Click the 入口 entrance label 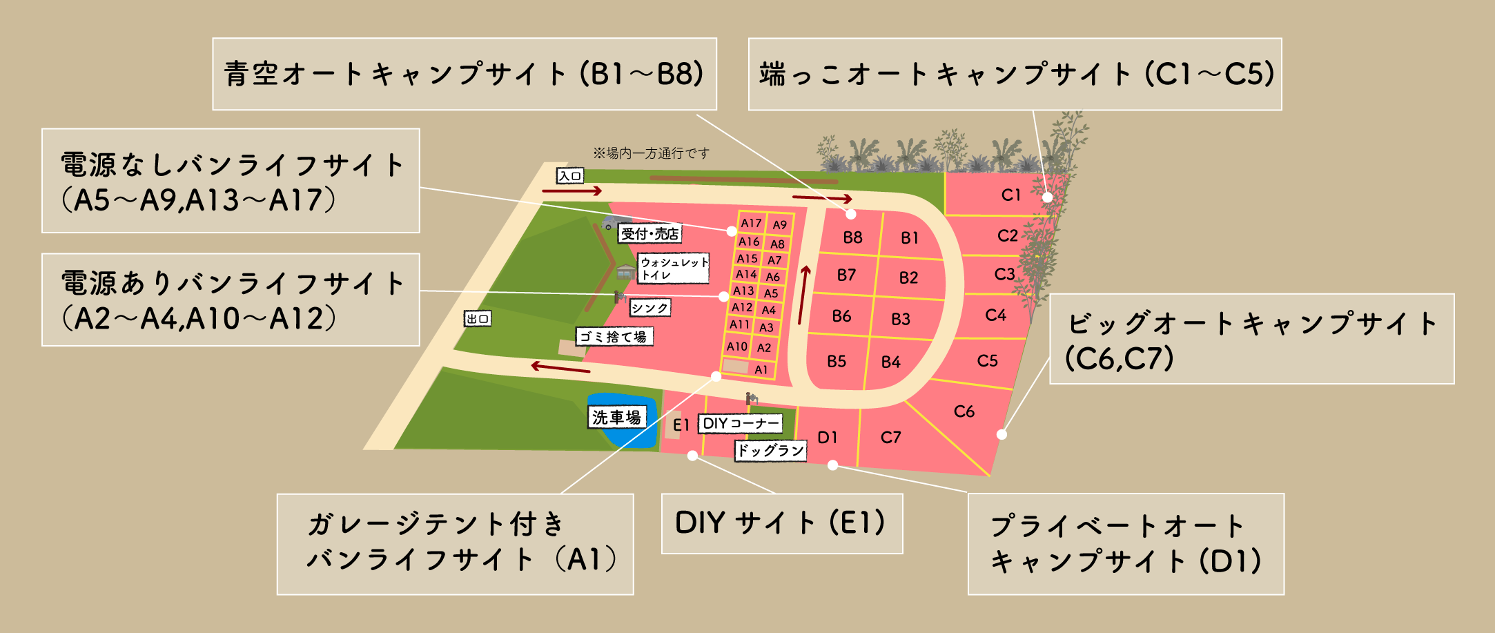570,176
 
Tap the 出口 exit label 477,318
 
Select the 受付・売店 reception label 649,234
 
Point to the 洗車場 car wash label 616,417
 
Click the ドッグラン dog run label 770,451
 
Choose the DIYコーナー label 740,423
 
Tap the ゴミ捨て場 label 614,336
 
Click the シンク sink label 649,308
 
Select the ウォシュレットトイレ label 673,269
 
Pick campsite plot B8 852,237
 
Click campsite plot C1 1010,195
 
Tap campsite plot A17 751,223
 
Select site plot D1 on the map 827,437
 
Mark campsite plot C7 890,437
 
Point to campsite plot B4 890,362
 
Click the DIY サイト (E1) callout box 781,523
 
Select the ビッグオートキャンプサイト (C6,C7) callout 1251,339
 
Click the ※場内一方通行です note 650,153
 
